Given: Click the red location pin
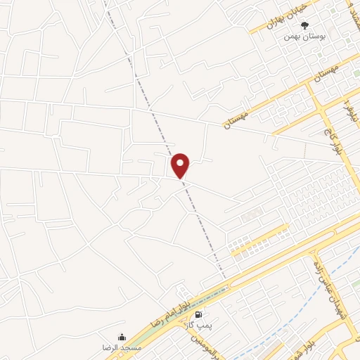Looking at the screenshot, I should point(181,165).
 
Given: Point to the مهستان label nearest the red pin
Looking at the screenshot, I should point(237,116).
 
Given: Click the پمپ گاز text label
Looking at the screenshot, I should point(198,325).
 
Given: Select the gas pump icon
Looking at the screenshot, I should point(199,314).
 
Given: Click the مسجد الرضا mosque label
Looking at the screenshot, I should point(122,347).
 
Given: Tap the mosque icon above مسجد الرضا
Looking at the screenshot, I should point(122,337).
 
